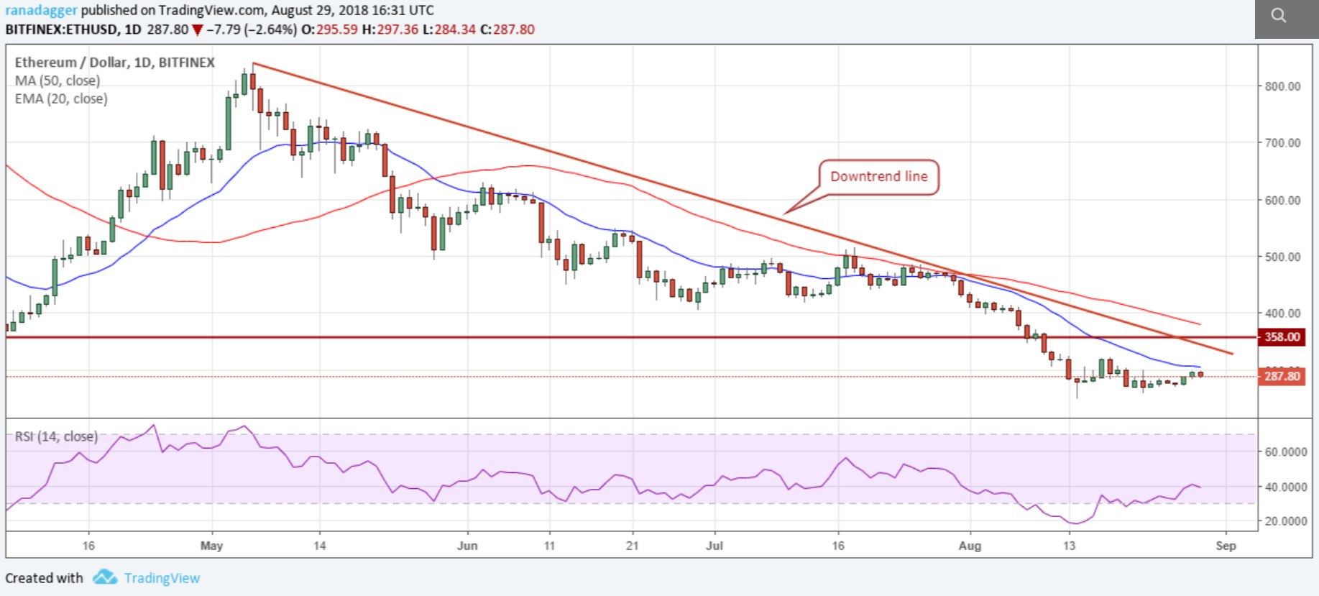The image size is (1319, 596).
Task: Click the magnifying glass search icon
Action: coord(1278,15)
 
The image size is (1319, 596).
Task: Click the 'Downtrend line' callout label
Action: coord(878,177)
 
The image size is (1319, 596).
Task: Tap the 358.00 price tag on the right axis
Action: coord(1282,336)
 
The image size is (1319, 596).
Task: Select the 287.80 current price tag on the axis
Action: coord(1282,376)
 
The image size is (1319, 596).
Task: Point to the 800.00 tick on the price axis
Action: coord(1283,86)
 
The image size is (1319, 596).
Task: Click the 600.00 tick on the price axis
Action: coord(1283,200)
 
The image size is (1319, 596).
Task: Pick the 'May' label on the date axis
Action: coord(211,546)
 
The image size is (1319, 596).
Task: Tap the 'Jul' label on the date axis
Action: coord(714,546)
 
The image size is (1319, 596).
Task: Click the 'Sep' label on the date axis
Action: coord(1226,546)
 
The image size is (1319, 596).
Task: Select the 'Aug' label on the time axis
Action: coord(970,546)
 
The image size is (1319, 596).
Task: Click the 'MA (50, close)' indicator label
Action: coord(58,81)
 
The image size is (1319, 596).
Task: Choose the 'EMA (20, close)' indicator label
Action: coord(61,98)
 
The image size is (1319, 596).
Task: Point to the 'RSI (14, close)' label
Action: coord(56,436)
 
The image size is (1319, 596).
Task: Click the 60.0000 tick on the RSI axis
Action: coord(1286,451)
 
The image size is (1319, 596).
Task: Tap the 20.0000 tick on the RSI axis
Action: coord(1286,521)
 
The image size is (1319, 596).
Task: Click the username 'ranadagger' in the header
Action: coord(41,10)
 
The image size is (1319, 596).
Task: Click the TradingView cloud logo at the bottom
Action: coord(105,577)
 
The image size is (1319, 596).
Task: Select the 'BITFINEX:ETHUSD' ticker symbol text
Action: coord(62,29)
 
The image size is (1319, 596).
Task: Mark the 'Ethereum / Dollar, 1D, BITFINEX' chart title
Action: coord(115,63)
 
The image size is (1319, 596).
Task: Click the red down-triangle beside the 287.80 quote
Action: coord(197,30)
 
